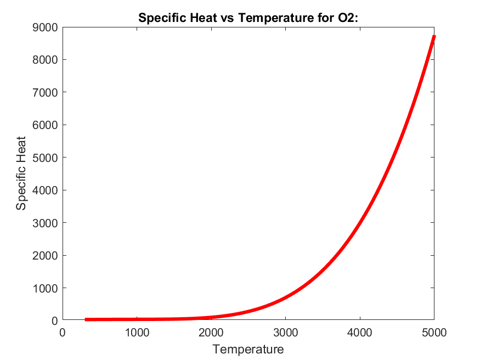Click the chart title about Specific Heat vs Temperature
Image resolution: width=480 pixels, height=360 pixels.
[248, 18]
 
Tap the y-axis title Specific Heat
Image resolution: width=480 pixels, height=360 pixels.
[21, 174]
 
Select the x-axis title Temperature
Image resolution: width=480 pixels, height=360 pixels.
[248, 349]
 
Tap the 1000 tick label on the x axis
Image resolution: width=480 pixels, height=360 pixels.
[137, 331]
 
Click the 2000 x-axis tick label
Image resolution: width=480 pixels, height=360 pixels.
[211, 331]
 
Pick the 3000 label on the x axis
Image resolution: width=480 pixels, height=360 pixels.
[285, 331]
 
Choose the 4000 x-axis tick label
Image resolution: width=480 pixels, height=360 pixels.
[360, 331]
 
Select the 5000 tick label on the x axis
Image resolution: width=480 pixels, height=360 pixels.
[433, 331]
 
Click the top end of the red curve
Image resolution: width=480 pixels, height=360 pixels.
[434, 37]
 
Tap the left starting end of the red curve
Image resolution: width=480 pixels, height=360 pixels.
[86, 319]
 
